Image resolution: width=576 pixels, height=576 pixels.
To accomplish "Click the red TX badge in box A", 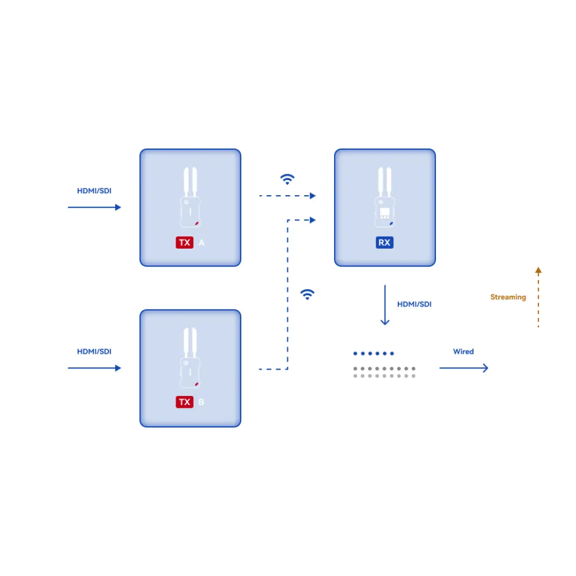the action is [184, 242].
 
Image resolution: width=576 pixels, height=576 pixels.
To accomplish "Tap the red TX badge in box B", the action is [184, 402].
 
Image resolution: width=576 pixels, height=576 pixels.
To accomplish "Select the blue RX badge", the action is [385, 242].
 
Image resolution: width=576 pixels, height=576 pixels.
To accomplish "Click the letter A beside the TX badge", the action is [201, 242].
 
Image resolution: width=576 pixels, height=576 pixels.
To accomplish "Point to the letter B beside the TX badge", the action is [201, 402].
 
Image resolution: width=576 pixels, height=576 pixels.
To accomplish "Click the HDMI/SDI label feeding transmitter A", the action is [94, 191].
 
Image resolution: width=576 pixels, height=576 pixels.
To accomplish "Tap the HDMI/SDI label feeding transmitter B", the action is [94, 352].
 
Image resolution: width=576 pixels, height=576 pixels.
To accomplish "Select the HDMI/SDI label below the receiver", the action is [415, 304].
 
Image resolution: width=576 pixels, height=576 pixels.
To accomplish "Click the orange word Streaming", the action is [508, 297].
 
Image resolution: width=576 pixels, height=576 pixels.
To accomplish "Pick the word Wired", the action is [463, 352].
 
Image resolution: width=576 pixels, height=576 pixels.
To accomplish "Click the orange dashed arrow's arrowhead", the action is [538, 271].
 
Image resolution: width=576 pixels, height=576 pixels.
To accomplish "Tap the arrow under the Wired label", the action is [463, 368].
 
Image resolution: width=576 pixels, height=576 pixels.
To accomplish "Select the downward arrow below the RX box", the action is [385, 305].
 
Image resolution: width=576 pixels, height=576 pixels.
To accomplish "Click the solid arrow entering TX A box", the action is [94, 207].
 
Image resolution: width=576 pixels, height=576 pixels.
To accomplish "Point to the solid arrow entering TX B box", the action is [94, 368].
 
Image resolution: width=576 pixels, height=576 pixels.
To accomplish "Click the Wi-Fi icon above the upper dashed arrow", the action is [287, 179].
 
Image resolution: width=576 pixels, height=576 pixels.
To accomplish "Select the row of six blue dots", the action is [373, 353].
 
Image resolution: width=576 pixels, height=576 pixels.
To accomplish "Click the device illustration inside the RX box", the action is [385, 197].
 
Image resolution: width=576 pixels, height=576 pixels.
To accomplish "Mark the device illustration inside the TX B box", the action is [190, 358].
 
